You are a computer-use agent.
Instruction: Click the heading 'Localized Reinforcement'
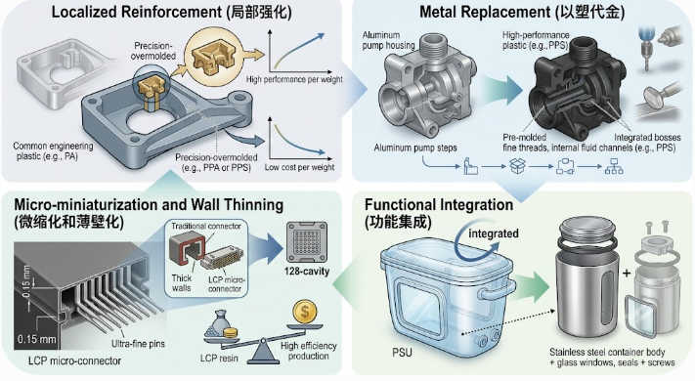[136, 12]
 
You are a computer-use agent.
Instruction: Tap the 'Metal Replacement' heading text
[485, 12]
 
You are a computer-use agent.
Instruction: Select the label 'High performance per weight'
[294, 79]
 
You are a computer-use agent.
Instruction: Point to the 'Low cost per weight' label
[299, 167]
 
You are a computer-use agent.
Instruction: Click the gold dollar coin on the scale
[305, 312]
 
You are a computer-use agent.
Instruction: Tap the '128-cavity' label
[307, 271]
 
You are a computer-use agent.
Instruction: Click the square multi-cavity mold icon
[307, 242]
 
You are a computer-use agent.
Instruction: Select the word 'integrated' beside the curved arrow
[494, 233]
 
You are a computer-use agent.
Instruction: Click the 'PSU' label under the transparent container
[402, 353]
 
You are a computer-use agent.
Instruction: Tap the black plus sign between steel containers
[627, 273]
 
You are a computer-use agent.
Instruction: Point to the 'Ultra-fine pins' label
[138, 343]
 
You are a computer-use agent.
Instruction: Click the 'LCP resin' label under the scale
[219, 358]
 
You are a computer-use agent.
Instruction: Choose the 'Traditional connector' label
[206, 226]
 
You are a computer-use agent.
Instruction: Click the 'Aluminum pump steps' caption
[415, 148]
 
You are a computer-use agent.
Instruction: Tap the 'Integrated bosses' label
[647, 138]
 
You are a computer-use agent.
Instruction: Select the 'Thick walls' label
[182, 283]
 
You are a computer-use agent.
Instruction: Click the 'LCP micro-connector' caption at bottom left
[74, 360]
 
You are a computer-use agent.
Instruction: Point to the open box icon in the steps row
[517, 166]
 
